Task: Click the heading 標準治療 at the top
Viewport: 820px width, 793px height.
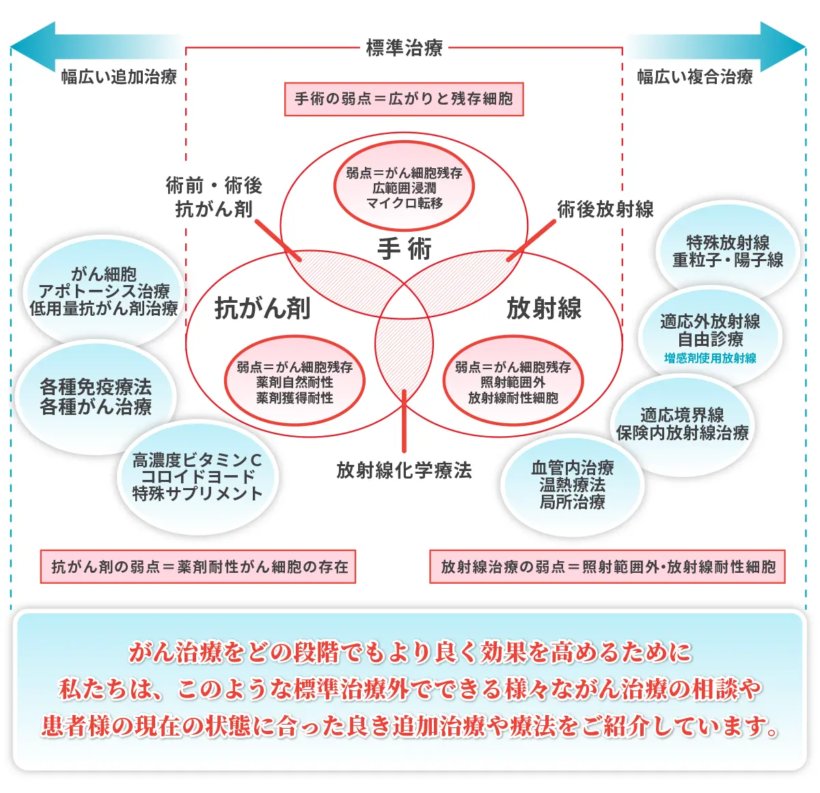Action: [404, 48]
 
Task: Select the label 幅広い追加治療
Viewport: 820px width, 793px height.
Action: [119, 77]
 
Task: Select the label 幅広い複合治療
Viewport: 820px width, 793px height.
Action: [695, 77]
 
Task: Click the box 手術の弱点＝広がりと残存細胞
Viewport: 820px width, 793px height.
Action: [404, 99]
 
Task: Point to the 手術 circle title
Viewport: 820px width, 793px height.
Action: [404, 249]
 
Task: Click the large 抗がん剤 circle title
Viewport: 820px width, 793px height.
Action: [262, 308]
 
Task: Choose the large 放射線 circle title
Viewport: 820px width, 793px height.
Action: [544, 308]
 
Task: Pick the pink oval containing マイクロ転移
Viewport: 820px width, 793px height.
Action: [404, 188]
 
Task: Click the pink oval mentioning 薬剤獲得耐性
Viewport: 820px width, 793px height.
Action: [295, 382]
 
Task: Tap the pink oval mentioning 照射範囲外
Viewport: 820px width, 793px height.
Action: [512, 382]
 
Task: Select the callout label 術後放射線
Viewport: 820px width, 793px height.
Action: [605, 209]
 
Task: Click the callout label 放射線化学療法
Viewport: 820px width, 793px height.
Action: [404, 470]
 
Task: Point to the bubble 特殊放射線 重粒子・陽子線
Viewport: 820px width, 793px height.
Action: [728, 251]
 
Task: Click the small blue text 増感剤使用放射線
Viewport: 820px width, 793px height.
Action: [710, 358]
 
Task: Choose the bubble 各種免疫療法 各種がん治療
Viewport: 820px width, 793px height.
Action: [96, 397]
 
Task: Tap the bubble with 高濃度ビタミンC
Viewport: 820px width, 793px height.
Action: [197, 477]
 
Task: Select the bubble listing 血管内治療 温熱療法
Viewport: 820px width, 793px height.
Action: [573, 485]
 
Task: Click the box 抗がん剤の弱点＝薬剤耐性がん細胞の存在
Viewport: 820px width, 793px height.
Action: [198, 567]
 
